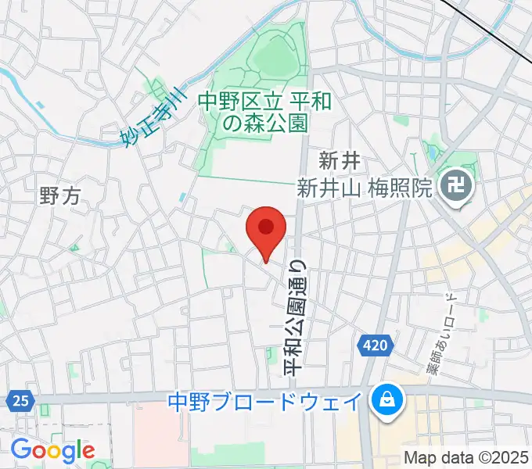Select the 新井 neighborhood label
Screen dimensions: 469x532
pos(339,161)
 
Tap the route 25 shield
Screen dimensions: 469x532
pos(20,401)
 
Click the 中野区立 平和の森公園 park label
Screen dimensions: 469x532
pos(254,112)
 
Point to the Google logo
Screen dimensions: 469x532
pos(52,450)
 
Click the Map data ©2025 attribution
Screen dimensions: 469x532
pos(465,456)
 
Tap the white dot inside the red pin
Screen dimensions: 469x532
pos(265,227)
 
